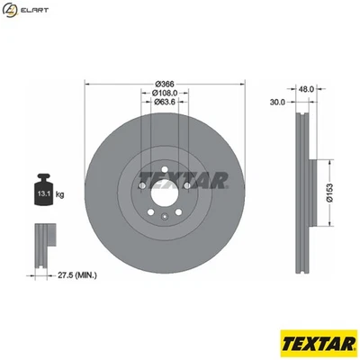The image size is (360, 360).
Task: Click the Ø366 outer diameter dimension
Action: point(163,83)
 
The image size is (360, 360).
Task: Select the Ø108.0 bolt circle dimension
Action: point(163,93)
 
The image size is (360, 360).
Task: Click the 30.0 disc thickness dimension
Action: point(277,103)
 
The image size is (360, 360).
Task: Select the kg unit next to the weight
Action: point(59,193)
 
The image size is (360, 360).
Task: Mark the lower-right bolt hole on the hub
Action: point(184,202)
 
